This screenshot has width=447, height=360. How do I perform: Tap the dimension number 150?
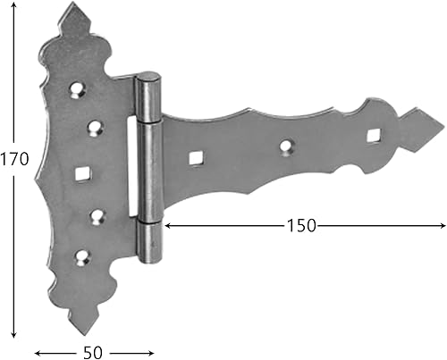301,226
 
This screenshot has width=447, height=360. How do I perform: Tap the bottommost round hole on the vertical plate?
84,257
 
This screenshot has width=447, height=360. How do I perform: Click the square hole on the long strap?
193,158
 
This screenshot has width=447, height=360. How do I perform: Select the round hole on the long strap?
286,146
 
